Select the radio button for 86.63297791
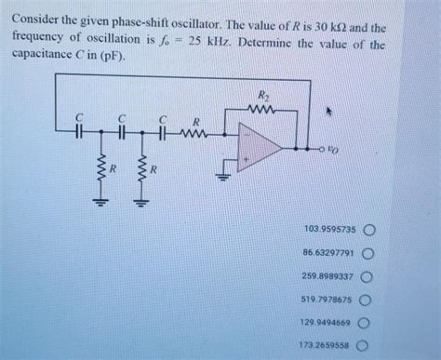368,252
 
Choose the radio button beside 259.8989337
368,276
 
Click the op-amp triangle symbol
263,147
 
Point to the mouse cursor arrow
327,111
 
